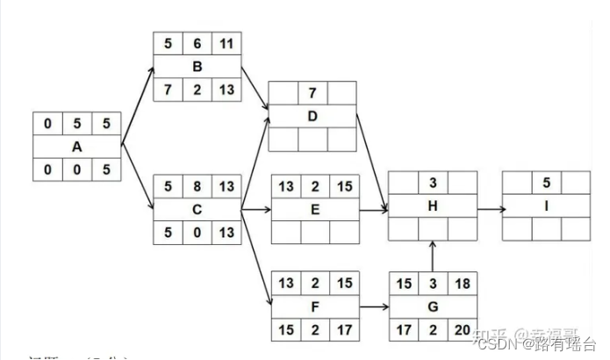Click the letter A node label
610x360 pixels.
[76, 147]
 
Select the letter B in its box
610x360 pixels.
[197, 67]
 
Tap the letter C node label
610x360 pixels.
[197, 210]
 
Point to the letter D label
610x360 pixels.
[312, 117]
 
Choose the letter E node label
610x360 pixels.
[315, 210]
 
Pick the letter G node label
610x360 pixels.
[434, 306]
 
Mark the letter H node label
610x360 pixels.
[433, 206]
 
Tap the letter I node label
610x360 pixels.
[545, 206]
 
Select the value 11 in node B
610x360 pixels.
[226, 43]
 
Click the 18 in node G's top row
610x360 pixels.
[463, 284]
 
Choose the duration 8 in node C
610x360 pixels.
[197, 187]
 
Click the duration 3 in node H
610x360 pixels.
[433, 183]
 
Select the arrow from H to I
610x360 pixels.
[489, 210]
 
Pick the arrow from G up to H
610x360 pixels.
[433, 256]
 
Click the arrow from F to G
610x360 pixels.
[373, 306]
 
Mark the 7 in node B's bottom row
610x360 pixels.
[167, 90]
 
